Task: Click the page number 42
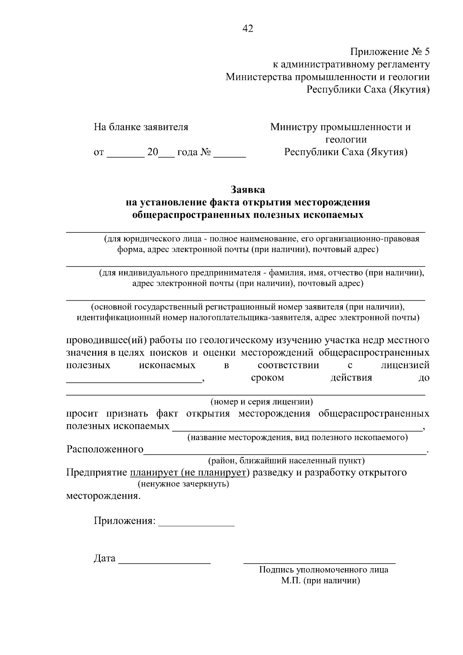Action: [x=248, y=29]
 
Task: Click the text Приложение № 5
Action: [x=389, y=52]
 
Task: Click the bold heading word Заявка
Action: [x=248, y=190]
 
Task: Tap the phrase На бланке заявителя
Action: [x=141, y=127]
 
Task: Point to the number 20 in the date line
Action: [x=153, y=152]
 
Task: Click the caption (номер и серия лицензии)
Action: [x=261, y=402]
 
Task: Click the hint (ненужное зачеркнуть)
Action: [x=183, y=484]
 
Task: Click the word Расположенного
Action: [x=105, y=450]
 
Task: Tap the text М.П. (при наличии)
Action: [x=320, y=581]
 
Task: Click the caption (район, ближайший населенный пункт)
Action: [x=286, y=460]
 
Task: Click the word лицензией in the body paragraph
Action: [x=405, y=365]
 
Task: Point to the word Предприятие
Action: [x=96, y=472]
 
